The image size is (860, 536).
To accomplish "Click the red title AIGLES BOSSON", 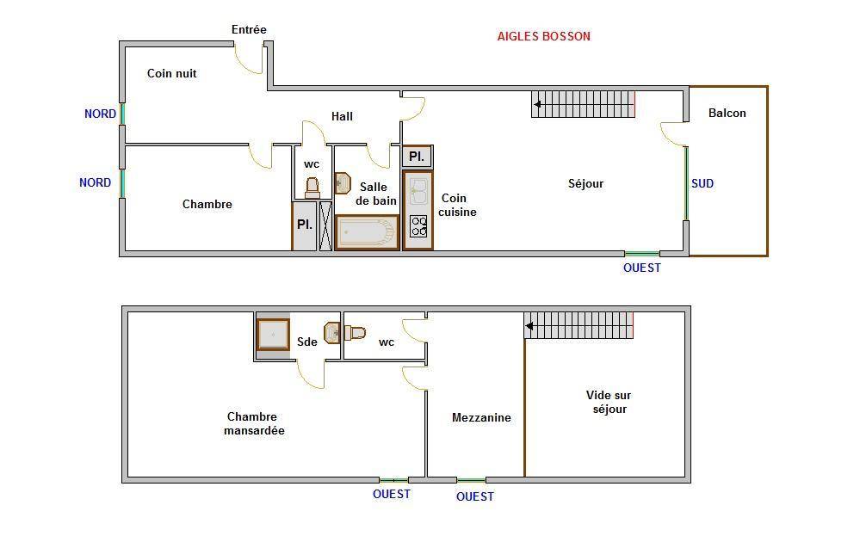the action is coord(543,36).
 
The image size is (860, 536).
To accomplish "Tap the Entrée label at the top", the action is coord(249,29).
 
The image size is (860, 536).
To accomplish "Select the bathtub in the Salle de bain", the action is coord(367,232).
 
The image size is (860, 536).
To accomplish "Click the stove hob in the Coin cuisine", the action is coord(418,225).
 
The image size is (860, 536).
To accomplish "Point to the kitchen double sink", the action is coord(418,191).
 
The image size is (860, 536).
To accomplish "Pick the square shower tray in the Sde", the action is coord(273,335).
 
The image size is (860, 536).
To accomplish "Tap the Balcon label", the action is coord(727,113).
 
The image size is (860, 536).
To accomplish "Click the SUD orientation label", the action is coord(702,183).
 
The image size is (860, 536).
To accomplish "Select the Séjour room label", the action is coord(585,183).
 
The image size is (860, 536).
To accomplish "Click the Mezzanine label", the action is coord(481,417).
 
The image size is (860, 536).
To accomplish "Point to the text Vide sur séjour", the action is coord(609,402).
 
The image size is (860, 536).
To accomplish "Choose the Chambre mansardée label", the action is coord(254,423).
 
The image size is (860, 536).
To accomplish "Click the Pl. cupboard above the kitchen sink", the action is coord(417,157).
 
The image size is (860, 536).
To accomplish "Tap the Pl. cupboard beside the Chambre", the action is coord(305,225).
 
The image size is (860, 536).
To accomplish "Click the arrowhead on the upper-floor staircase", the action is coord(529,326).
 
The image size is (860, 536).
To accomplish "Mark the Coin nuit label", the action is coord(171,73).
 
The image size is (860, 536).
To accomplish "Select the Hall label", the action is coord(342,116).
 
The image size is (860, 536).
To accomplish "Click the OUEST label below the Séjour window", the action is coord(641,268).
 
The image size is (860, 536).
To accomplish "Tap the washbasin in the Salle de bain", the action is coord(343,183).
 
